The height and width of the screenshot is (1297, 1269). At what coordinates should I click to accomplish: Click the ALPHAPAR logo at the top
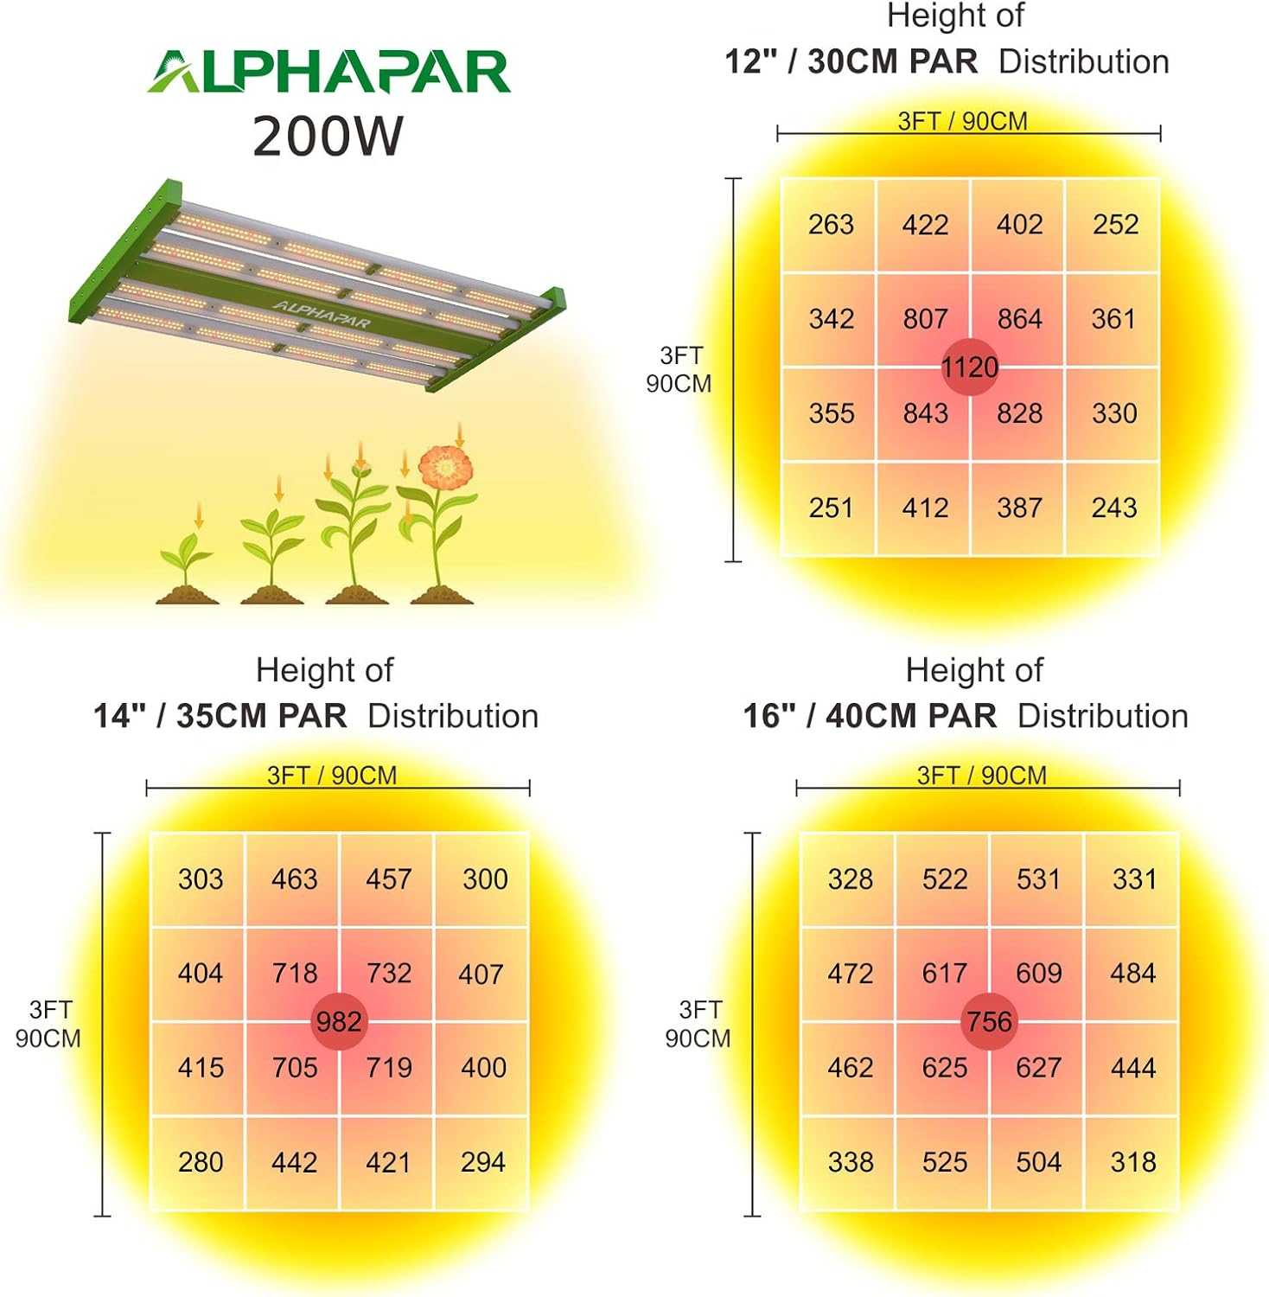(x=328, y=71)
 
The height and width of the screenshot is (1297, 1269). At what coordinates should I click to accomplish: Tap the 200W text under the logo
(x=328, y=137)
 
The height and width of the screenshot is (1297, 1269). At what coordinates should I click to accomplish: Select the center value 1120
(x=970, y=367)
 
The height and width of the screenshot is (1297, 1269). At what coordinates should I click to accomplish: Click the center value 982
(x=338, y=1022)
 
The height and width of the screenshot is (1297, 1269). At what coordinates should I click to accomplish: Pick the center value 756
(x=989, y=1022)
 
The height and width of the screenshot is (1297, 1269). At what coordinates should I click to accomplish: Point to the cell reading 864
(x=1019, y=319)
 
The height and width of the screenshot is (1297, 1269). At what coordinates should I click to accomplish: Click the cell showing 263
(x=831, y=225)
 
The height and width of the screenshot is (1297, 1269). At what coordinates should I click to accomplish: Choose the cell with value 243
(x=1113, y=508)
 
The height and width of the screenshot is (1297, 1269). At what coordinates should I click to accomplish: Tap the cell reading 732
(x=388, y=974)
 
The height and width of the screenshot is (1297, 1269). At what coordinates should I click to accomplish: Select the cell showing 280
(x=201, y=1162)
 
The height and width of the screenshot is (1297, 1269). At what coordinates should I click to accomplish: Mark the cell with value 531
(x=1038, y=879)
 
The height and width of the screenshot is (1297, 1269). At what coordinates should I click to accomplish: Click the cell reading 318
(x=1132, y=1162)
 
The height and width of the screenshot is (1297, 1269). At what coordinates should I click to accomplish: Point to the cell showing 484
(x=1132, y=974)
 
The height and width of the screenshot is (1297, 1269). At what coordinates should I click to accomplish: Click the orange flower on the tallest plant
(x=445, y=467)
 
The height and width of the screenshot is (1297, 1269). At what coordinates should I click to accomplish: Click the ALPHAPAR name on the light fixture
(x=322, y=314)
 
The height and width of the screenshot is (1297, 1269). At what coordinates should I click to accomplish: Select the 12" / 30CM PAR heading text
(x=851, y=62)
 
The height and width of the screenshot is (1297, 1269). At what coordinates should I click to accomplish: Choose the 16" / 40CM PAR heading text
(x=870, y=717)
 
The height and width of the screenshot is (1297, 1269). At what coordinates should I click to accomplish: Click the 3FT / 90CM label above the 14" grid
(x=332, y=776)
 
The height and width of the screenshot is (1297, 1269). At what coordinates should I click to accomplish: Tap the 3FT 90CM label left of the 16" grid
(x=698, y=1024)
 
